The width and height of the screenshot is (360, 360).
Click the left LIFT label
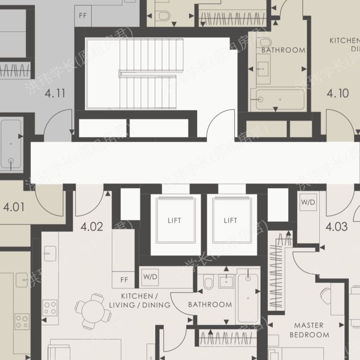174,220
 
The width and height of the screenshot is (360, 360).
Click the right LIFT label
231,220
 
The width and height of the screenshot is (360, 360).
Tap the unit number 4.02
92,227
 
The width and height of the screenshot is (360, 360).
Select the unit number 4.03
337,227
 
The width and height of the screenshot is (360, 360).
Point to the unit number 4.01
14,206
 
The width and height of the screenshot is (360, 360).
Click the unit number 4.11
55,93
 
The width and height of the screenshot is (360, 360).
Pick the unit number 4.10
337,93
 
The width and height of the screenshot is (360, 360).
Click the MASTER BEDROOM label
309,330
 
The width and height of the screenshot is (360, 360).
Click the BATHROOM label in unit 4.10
283,50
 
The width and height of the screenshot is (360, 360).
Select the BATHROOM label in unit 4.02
210,305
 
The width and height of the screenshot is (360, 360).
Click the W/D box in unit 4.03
308,203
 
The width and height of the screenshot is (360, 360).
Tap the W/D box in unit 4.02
150,277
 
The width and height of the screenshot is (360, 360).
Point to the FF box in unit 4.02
124,280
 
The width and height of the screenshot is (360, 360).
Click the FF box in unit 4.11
83,15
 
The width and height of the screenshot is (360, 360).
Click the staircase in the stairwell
147,74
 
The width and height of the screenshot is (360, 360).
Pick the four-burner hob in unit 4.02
50,307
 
